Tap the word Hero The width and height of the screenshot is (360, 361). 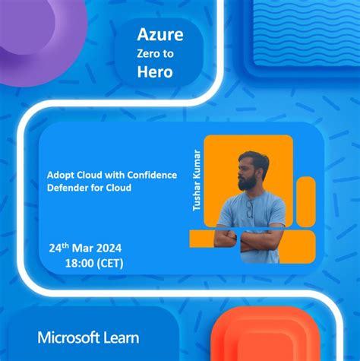(x=155, y=72)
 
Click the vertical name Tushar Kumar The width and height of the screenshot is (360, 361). (x=197, y=179)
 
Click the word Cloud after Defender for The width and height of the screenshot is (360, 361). (x=117, y=188)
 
